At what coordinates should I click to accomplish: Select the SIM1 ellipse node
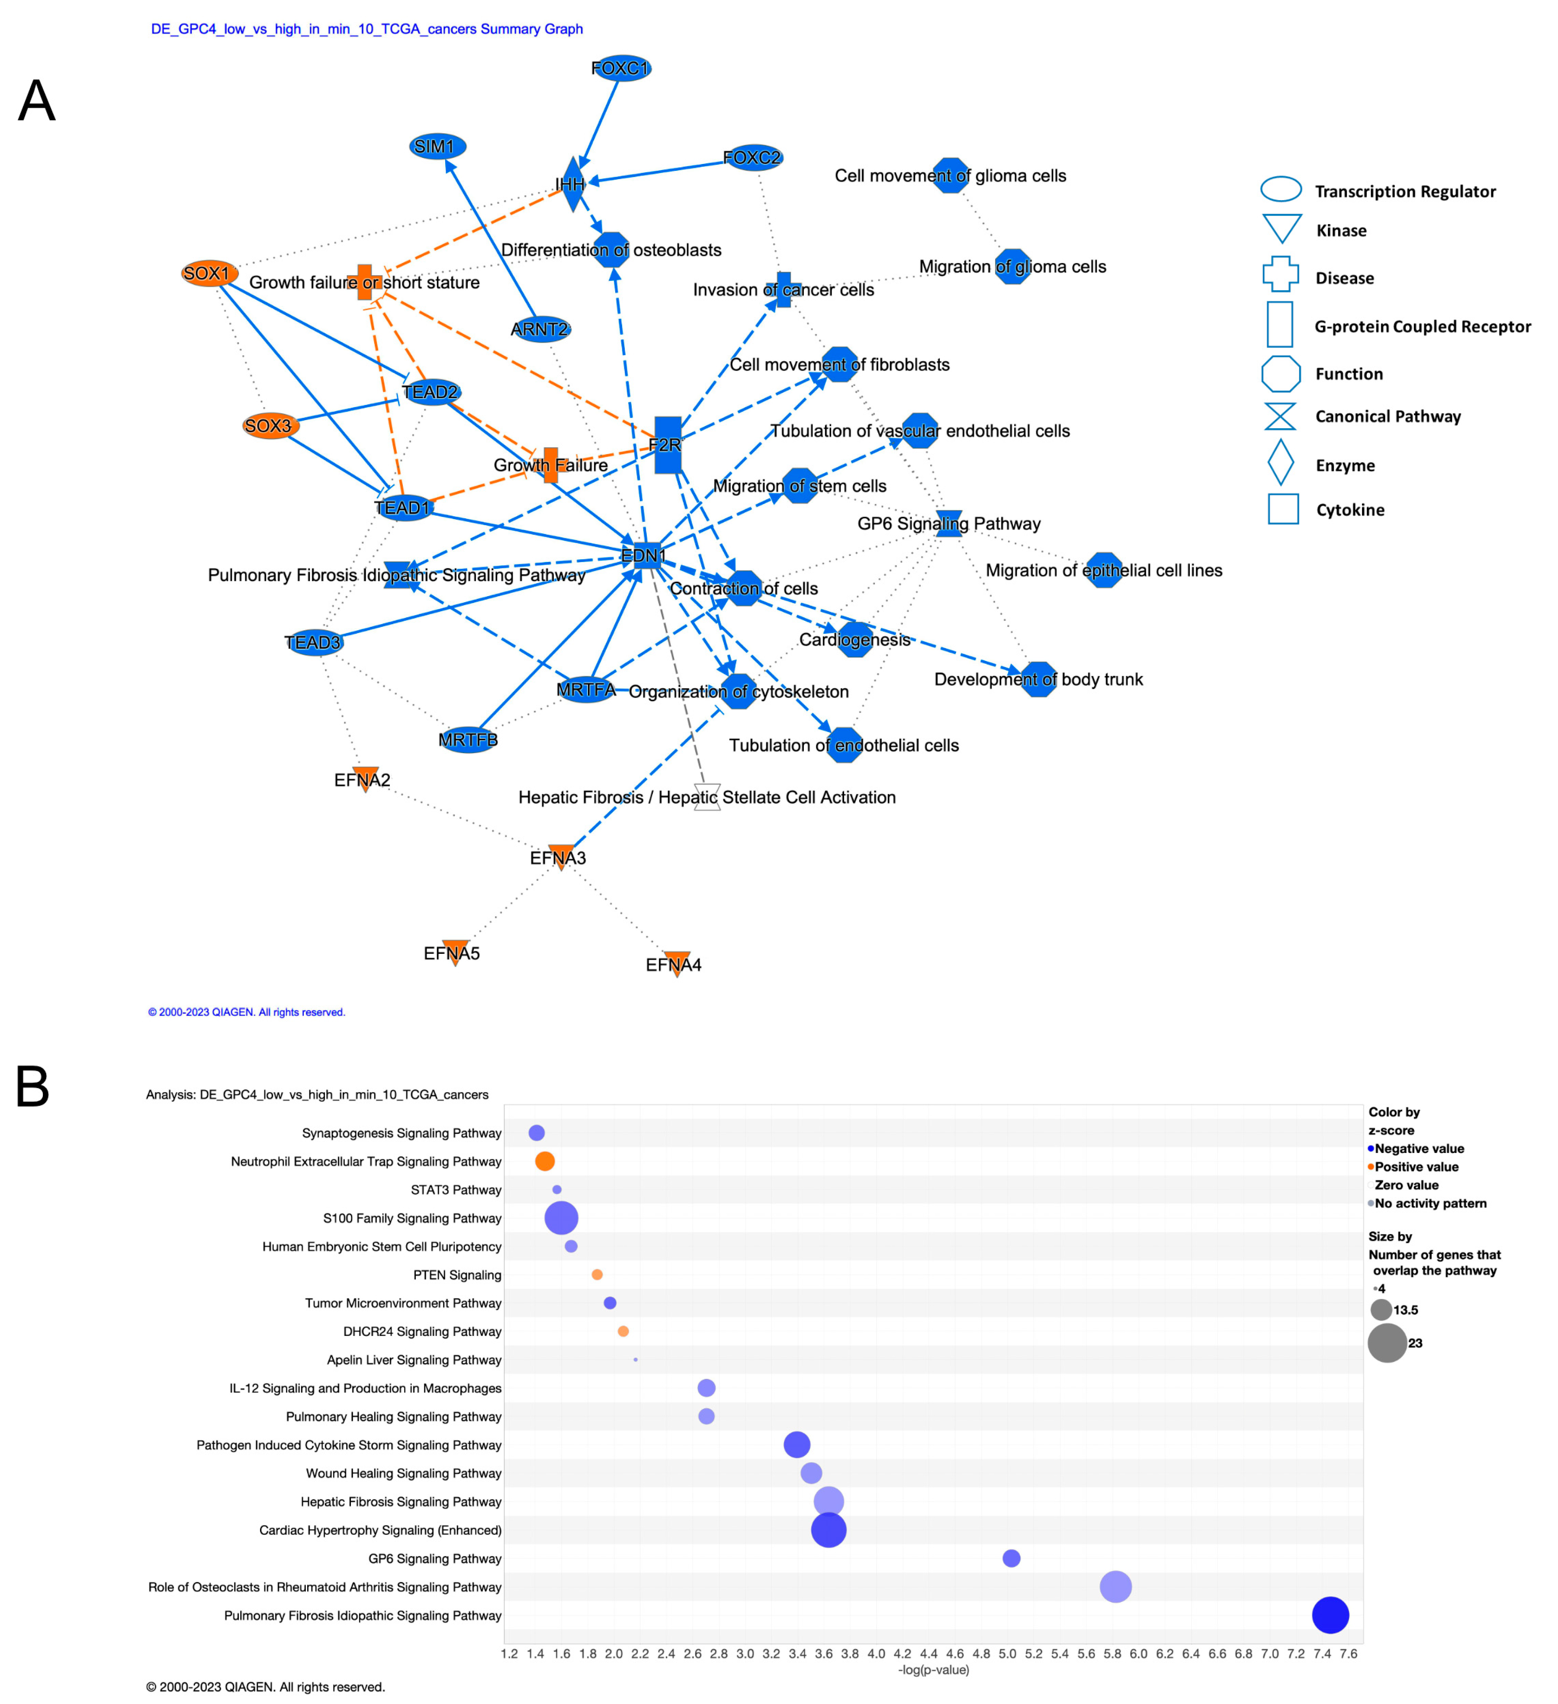pyautogui.click(x=437, y=146)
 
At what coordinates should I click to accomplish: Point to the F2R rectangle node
pyautogui.click(x=667, y=445)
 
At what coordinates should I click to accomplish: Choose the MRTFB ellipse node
pyautogui.click(x=467, y=740)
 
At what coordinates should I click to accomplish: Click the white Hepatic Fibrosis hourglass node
pyautogui.click(x=707, y=797)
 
